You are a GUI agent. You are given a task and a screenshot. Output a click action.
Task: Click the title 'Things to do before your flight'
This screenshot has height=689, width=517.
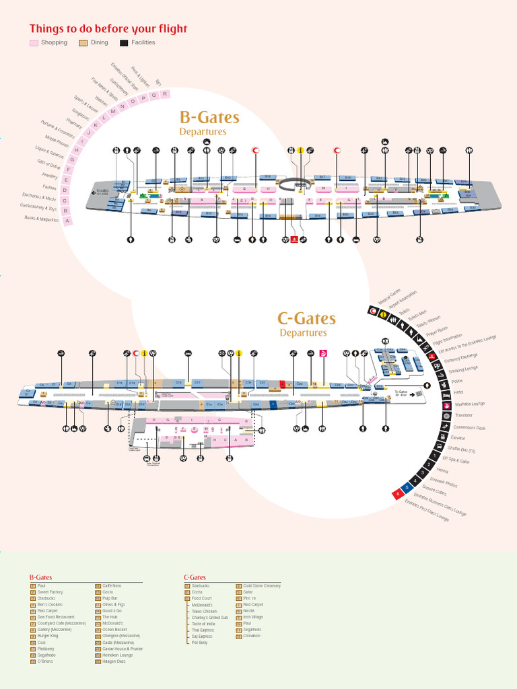coord(108,29)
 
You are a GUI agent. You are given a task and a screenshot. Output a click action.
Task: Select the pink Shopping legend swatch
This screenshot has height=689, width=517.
coord(34,43)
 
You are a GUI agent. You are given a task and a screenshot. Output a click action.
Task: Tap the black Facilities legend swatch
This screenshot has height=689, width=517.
coord(124,43)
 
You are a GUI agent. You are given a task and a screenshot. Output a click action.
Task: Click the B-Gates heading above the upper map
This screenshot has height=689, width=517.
coord(209,118)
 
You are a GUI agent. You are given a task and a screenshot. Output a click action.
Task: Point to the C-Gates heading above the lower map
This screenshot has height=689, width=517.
coord(306,318)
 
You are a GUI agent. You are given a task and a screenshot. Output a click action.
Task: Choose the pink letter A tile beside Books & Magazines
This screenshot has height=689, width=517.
coord(67,219)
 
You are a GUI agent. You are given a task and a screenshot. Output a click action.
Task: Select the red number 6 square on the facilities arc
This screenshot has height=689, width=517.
coord(398,495)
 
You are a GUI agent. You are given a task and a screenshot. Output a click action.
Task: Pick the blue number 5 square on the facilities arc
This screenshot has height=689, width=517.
coord(405,488)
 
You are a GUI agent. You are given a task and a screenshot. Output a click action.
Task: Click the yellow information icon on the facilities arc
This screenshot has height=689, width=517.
coord(383,314)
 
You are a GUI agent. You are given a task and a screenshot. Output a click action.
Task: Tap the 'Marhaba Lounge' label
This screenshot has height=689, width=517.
coord(469,404)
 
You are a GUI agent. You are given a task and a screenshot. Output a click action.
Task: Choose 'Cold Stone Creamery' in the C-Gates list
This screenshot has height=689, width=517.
coord(262,586)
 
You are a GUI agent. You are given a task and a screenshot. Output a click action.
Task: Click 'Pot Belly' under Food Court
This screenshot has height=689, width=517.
coord(200,643)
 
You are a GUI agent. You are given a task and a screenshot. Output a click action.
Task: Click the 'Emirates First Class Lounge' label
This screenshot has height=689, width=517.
coord(427,512)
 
